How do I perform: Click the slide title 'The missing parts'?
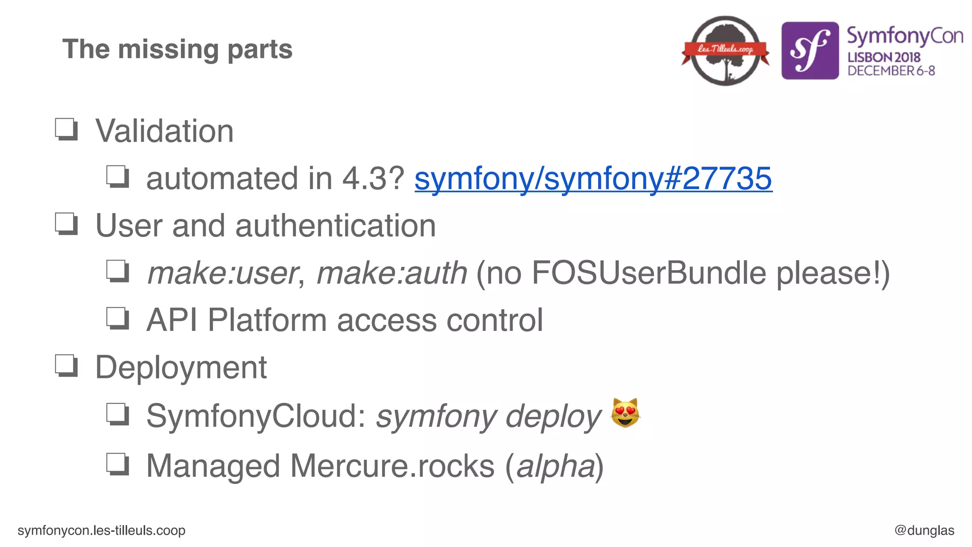tap(177, 49)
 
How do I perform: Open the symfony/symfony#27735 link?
tap(593, 179)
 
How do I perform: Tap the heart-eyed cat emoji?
tap(625, 413)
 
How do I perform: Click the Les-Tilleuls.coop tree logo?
tap(725, 51)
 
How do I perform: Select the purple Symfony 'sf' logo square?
tap(810, 51)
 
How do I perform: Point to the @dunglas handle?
tap(924, 530)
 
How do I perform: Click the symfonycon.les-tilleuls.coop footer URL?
tap(101, 530)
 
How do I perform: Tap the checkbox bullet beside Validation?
tap(66, 129)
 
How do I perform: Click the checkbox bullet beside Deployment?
tap(66, 366)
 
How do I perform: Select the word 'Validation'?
tap(164, 131)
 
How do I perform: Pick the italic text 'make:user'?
tap(222, 273)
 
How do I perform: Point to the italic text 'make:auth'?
tap(392, 273)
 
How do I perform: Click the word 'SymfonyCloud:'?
tap(256, 416)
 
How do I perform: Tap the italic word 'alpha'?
tap(555, 466)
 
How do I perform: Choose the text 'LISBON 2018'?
tap(884, 57)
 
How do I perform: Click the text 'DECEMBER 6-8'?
tap(891, 71)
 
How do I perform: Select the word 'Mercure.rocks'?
tap(393, 466)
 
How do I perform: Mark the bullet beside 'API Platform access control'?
tap(117, 319)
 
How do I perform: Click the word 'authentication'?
tap(336, 226)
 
